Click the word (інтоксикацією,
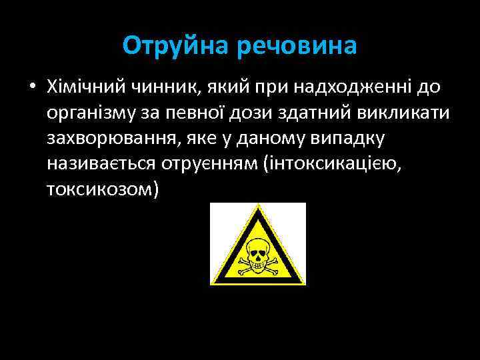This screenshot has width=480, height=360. (x=344, y=163)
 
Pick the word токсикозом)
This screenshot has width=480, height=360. (x=103, y=189)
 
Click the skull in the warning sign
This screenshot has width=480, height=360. (x=257, y=250)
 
